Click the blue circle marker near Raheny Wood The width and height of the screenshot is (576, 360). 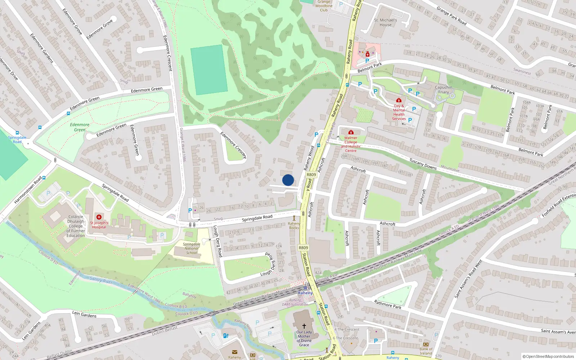[x=288, y=180]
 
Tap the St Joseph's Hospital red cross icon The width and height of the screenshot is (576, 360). [x=99, y=217]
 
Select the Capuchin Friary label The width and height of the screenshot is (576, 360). [x=444, y=90]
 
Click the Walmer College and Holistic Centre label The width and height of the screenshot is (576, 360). [x=351, y=144]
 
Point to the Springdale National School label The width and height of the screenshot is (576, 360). [x=192, y=248]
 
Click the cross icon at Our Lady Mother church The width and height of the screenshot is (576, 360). [x=304, y=326]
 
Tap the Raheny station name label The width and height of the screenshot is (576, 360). [x=305, y=293]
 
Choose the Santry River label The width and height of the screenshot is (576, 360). [x=101, y=280]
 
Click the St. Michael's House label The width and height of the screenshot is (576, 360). [x=386, y=23]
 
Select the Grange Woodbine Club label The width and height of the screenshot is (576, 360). [x=324, y=6]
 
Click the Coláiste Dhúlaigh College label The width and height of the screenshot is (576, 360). [x=76, y=226]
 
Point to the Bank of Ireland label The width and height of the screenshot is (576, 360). [x=426, y=351]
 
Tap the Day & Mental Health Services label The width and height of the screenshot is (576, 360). [x=399, y=112]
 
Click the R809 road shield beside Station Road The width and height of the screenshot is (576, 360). [x=303, y=248]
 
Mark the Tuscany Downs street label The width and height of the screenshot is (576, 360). [x=423, y=164]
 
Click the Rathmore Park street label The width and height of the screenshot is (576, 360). [x=388, y=304]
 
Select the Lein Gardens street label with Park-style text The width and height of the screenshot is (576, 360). [x=84, y=314]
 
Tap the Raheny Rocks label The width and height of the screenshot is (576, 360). [x=294, y=226]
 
